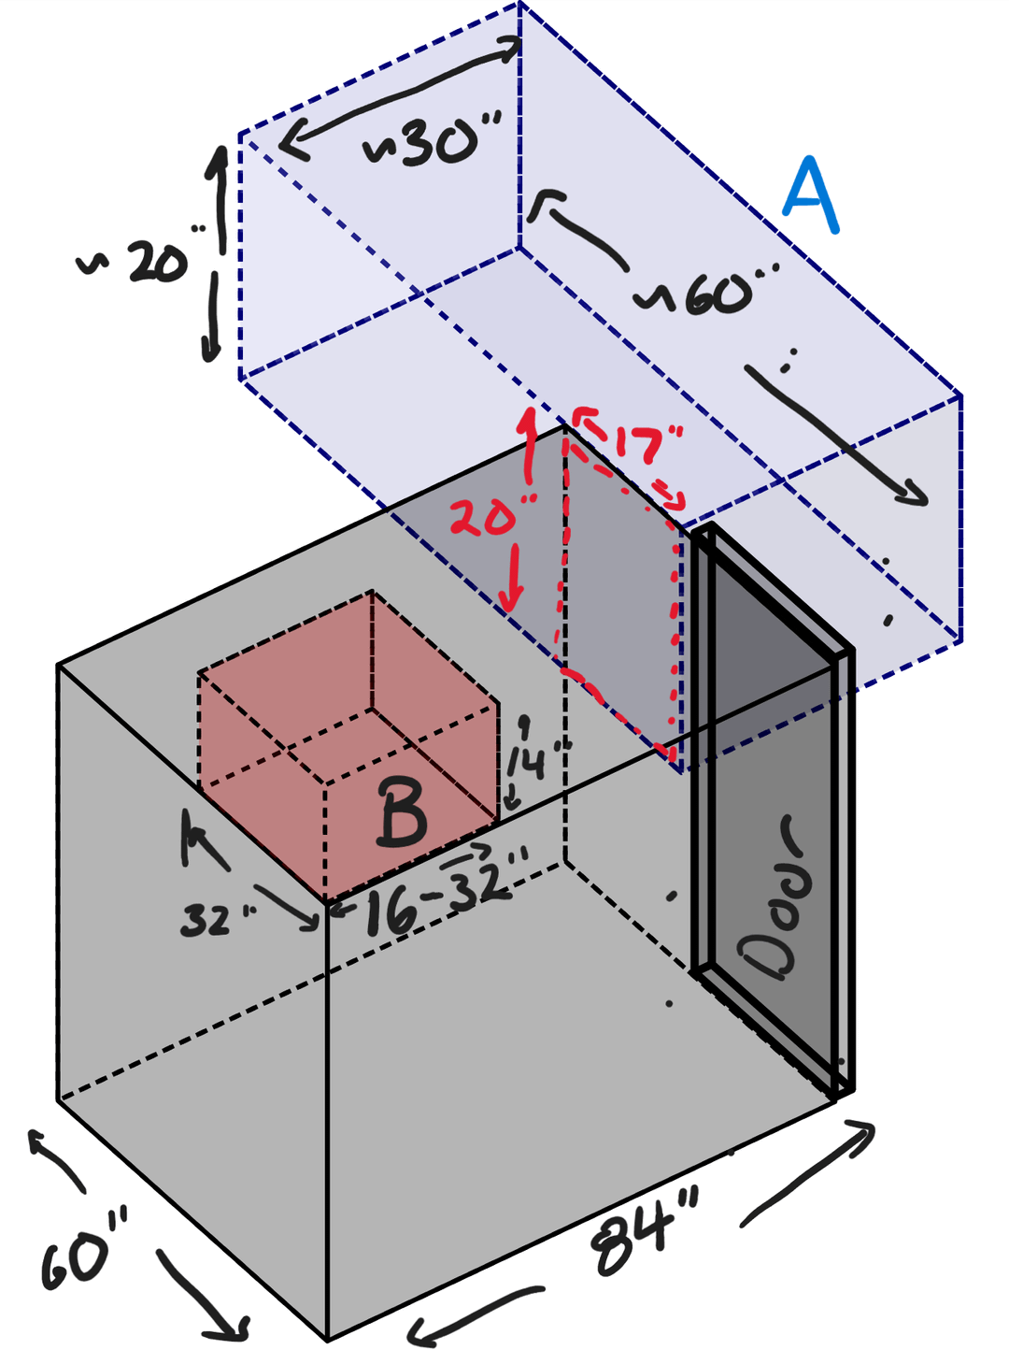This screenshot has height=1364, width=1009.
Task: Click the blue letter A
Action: click(811, 195)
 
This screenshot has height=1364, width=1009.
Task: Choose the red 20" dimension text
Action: click(491, 517)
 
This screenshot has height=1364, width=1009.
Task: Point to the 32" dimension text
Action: click(215, 921)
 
